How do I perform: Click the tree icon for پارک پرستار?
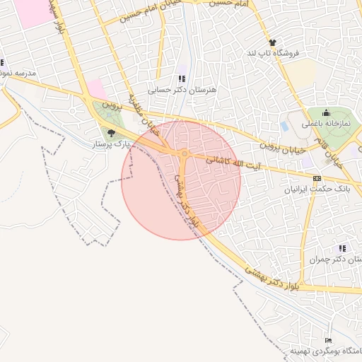[111, 132]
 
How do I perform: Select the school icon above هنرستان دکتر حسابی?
[181, 79]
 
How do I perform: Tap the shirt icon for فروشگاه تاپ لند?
[272, 42]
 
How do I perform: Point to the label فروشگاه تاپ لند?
[273, 53]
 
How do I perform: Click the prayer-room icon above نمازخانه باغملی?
[326, 112]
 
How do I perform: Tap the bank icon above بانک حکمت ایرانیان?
[316, 178]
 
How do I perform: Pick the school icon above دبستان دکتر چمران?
[342, 248]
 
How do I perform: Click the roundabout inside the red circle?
[184, 153]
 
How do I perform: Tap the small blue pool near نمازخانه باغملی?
[285, 127]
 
